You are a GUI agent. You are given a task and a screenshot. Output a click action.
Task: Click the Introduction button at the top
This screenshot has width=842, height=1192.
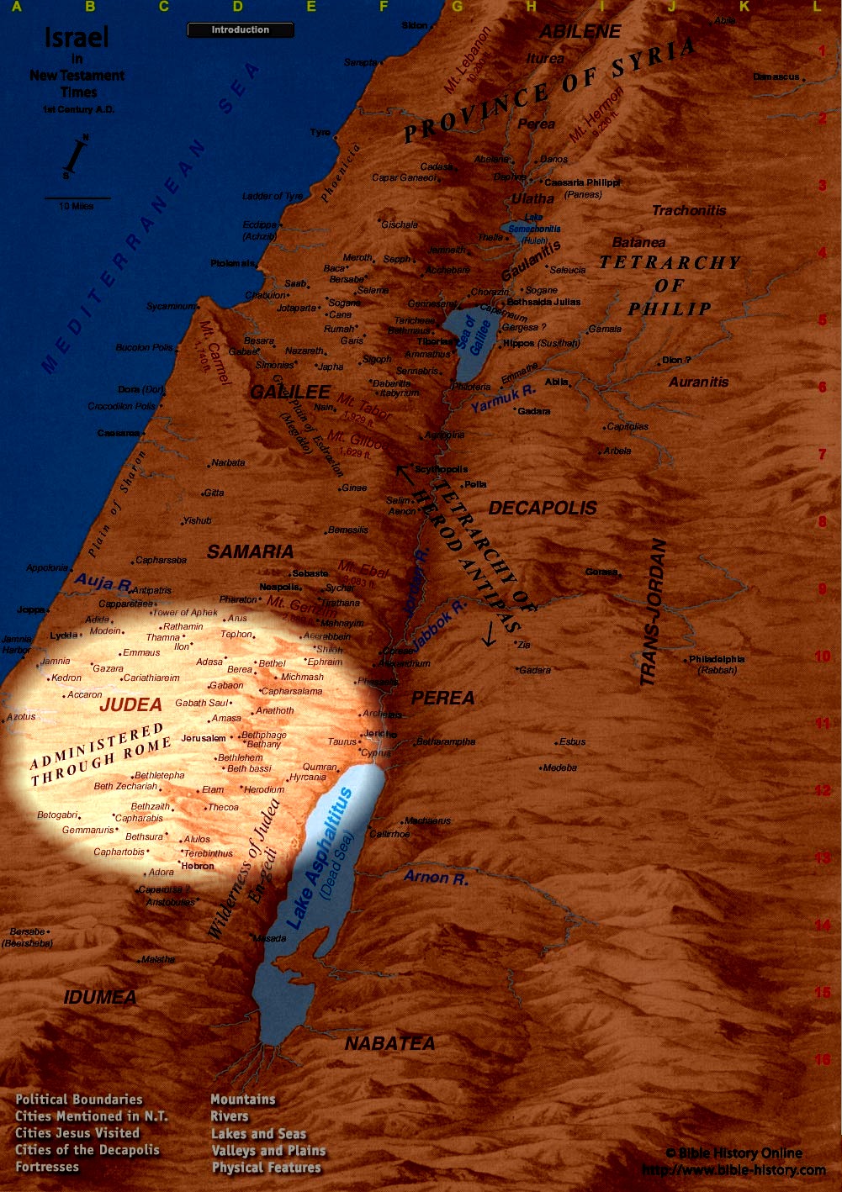[x=240, y=30]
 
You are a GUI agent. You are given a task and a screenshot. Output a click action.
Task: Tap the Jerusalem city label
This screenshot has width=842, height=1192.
[x=204, y=738]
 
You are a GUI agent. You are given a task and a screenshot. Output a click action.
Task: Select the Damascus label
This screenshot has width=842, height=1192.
[x=776, y=76]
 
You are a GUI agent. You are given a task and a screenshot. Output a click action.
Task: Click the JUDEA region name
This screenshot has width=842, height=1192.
[x=130, y=705]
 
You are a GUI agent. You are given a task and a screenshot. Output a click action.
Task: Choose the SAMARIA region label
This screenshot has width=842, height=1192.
[x=250, y=552]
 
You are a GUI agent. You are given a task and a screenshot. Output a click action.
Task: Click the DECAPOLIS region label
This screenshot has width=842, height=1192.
[x=543, y=509]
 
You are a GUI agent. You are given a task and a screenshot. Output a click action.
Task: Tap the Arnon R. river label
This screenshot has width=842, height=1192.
[x=435, y=878]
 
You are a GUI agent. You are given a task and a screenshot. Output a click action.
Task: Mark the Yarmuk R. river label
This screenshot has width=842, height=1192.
[x=502, y=398]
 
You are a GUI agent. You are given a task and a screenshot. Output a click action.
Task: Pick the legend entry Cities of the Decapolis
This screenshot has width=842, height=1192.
[x=87, y=1150]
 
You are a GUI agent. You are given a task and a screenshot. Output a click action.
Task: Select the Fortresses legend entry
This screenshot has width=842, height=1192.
[x=47, y=1167]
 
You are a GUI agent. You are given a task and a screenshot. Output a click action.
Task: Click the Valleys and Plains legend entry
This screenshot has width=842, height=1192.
[x=268, y=1150]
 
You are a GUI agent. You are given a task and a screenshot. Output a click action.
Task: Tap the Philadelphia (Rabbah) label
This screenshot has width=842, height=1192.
[x=717, y=664]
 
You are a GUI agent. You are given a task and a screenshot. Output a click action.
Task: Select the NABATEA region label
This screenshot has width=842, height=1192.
[x=389, y=1043]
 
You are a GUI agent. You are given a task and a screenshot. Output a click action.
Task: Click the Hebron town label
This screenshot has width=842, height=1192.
[x=198, y=866]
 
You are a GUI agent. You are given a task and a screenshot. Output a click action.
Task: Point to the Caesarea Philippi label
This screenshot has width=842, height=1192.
[x=582, y=182]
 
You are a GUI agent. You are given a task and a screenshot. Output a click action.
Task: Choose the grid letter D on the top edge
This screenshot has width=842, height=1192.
[x=238, y=7]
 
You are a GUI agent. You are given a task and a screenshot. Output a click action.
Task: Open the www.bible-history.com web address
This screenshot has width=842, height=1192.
[x=733, y=1169]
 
